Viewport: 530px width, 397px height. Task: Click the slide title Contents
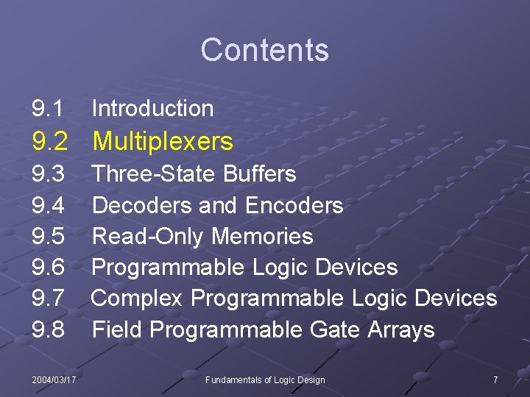[264, 50]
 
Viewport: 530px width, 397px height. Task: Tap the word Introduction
[152, 109]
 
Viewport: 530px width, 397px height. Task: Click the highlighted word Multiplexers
[163, 141]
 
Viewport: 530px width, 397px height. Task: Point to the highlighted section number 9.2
[50, 141]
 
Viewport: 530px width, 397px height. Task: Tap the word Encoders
[294, 205]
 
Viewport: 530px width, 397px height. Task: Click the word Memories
[262, 237]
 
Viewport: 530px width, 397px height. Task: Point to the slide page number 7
[495, 379]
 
